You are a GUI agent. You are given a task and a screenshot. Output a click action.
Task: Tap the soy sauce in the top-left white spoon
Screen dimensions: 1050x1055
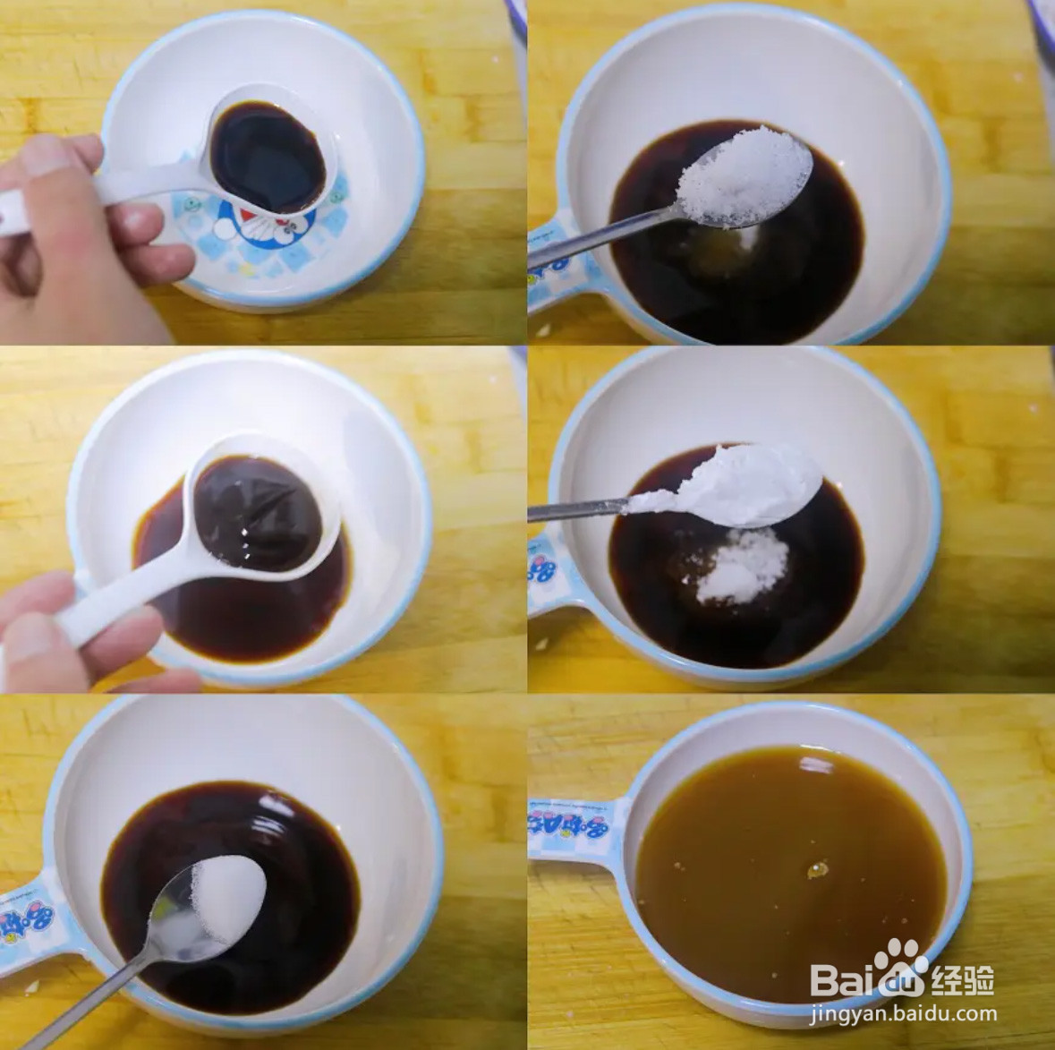pos(268,157)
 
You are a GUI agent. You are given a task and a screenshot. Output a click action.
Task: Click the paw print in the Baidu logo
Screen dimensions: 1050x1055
pos(898,962)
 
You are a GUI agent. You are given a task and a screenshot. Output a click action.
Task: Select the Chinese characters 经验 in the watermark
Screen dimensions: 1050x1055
pos(962,980)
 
